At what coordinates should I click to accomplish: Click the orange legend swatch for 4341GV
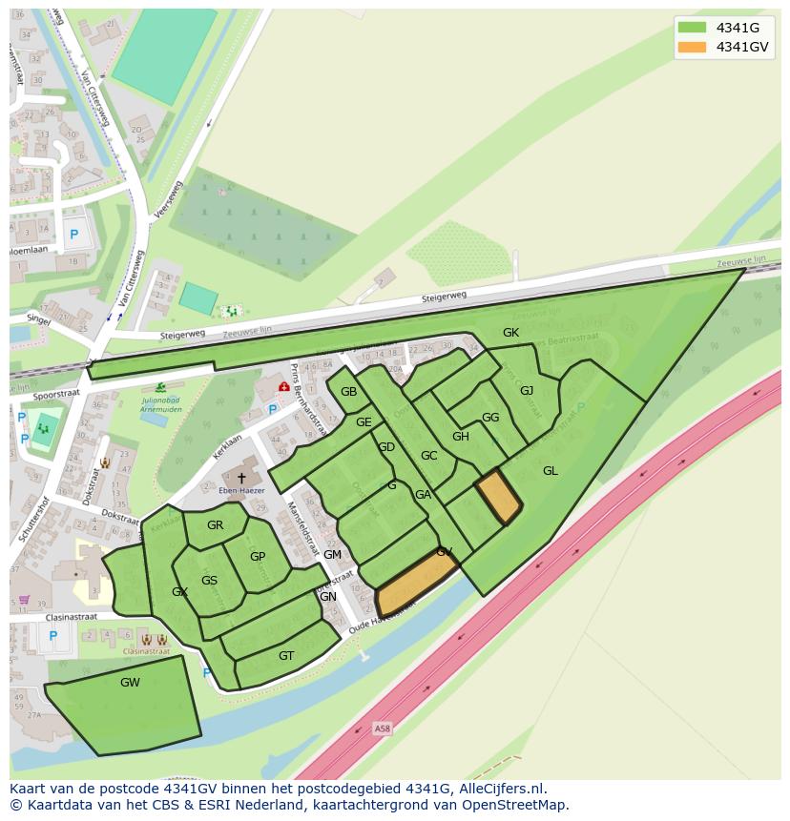tap(693, 48)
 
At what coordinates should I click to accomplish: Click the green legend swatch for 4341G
tap(693, 28)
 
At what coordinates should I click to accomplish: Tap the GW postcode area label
tap(130, 683)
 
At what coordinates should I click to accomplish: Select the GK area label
tap(510, 333)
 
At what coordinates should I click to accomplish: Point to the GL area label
tap(551, 471)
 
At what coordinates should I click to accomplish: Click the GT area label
tap(286, 656)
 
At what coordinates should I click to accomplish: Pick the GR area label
tap(215, 525)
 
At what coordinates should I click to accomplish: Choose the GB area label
tap(348, 392)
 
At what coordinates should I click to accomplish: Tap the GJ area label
tap(527, 390)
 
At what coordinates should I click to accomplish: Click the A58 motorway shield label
tap(383, 729)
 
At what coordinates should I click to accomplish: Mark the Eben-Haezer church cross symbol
tap(241, 477)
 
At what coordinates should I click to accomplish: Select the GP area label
tap(258, 557)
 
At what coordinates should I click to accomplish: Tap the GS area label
tap(209, 581)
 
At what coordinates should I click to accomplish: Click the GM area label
tap(332, 555)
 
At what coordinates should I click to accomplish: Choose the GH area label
tap(461, 437)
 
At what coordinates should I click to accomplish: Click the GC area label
tap(428, 456)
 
